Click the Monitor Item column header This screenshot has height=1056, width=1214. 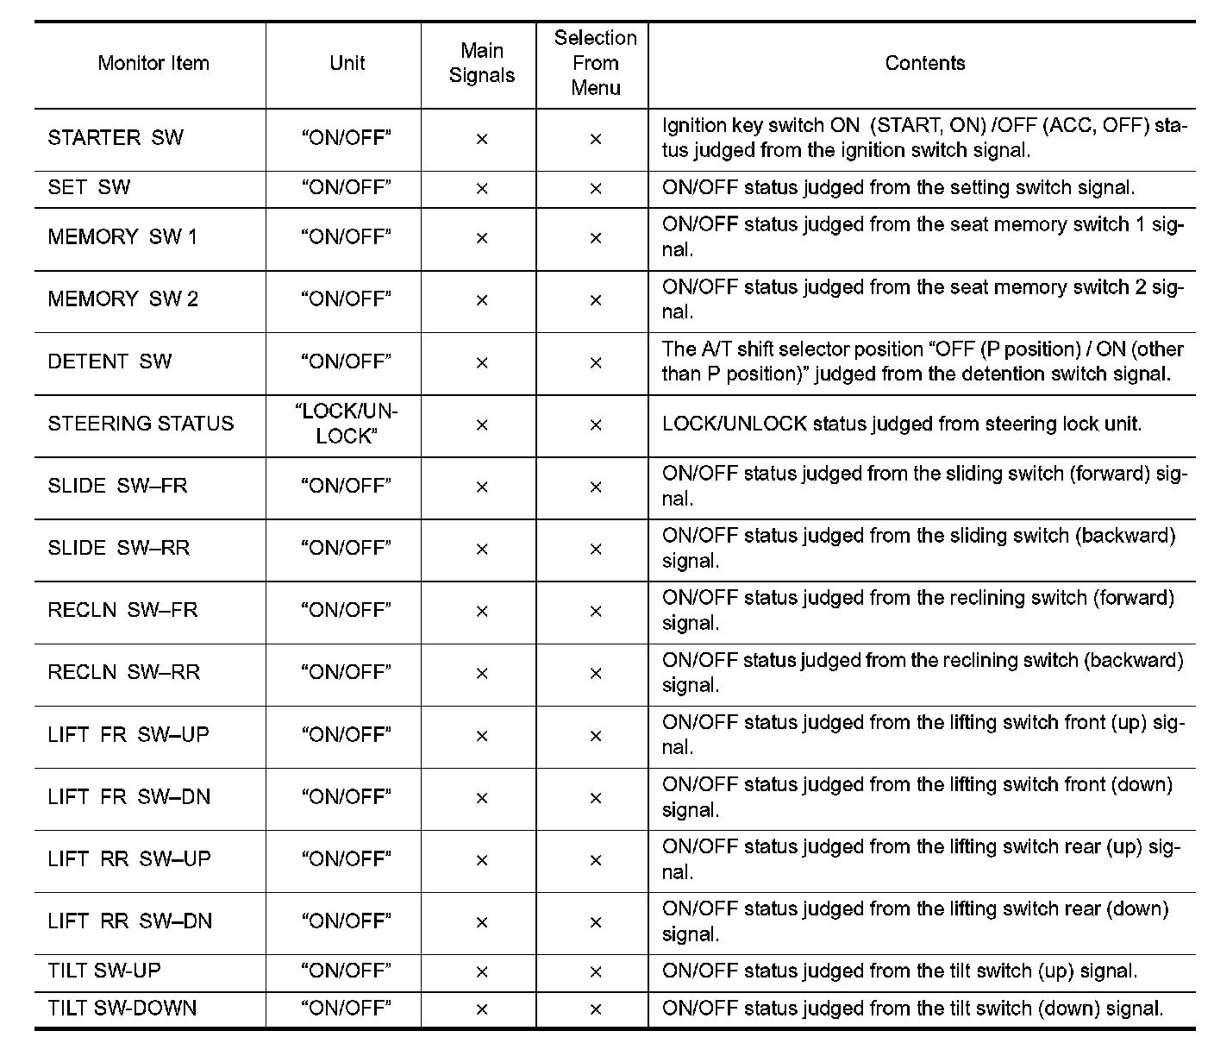click(x=153, y=63)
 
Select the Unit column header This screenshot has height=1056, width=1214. click(x=347, y=63)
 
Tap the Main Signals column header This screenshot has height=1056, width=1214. click(x=481, y=63)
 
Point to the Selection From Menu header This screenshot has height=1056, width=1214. click(x=595, y=63)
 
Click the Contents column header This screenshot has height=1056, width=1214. click(x=924, y=63)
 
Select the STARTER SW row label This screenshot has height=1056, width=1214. click(x=116, y=138)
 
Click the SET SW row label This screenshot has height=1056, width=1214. click(x=89, y=188)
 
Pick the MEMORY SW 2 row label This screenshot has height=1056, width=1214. click(x=122, y=299)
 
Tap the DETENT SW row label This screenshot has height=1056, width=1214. click(x=110, y=361)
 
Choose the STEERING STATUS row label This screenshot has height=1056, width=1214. click(x=141, y=424)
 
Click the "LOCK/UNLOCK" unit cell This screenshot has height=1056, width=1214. click(x=346, y=424)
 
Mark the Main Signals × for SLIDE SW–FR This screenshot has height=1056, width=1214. click(x=482, y=487)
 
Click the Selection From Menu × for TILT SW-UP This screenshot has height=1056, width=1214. click(x=595, y=972)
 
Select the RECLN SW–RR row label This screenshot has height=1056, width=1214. click(x=123, y=672)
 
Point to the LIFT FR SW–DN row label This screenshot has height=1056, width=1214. click(x=128, y=796)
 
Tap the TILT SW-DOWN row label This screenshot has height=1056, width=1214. click(x=122, y=1008)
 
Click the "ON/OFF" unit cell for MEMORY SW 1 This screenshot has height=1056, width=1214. click(x=346, y=237)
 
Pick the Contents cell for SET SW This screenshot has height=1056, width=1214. click(x=898, y=188)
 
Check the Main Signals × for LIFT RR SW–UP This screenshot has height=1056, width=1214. click(x=482, y=860)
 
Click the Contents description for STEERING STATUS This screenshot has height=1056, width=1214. click(x=901, y=424)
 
